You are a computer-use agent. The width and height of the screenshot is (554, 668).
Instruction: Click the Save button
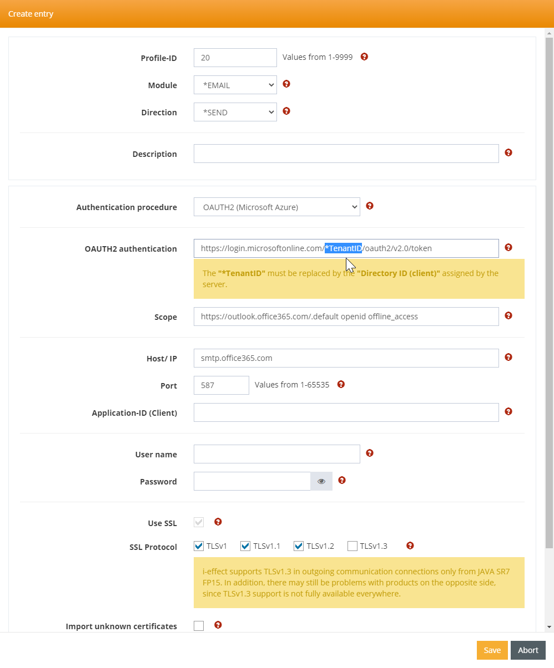coord(492,650)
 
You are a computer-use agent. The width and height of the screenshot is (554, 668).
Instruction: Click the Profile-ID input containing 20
coord(235,58)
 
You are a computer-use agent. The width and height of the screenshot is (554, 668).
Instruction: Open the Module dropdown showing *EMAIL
coord(235,85)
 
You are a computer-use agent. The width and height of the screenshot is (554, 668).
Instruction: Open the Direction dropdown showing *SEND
coord(235,112)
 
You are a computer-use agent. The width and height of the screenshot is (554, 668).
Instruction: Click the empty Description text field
coord(346,154)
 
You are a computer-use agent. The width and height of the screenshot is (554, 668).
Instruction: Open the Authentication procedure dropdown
coord(276,207)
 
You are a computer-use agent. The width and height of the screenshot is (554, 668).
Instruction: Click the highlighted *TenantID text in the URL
coord(343,248)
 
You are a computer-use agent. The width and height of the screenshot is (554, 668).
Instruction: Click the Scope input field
coord(346,317)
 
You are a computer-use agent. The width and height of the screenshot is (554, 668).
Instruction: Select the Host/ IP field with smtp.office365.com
coord(346,358)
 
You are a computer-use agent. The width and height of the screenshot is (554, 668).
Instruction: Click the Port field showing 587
coord(221,385)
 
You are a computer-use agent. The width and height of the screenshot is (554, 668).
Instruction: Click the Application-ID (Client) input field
coord(346,412)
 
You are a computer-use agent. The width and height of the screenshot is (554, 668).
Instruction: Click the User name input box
coord(276,454)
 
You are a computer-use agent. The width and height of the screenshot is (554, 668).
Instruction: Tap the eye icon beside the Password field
coord(321,481)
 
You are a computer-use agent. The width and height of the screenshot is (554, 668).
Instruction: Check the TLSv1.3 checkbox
coord(352,547)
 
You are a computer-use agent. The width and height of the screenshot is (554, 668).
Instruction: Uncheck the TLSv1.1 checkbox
coord(245,547)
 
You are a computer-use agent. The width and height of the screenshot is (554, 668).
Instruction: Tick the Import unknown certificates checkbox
coord(199,626)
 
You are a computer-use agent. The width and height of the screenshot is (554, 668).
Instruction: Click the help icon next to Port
coord(341,384)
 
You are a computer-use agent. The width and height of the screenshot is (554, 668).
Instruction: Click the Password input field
coord(251,481)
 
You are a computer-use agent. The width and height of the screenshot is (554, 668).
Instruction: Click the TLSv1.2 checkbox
coord(299,547)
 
